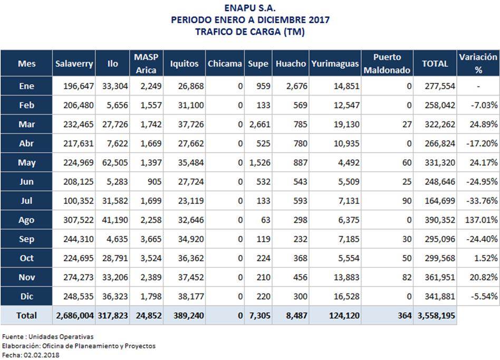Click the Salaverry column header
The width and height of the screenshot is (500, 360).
[x=74, y=64]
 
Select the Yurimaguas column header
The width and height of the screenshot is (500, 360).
[x=335, y=64]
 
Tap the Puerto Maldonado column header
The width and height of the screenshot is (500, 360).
[x=387, y=63]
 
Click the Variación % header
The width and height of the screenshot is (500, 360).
[x=478, y=63]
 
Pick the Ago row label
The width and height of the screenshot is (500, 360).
[x=26, y=220]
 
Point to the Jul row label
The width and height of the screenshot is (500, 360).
[x=26, y=201]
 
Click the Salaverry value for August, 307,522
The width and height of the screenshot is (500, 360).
[x=79, y=220]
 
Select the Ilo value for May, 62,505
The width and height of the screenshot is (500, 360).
[x=115, y=163]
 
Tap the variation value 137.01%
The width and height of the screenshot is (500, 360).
[x=481, y=220]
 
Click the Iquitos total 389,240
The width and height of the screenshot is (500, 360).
[x=188, y=316]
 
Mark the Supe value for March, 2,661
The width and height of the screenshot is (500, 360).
[x=260, y=124]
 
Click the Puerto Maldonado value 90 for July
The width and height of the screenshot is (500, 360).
[x=407, y=201]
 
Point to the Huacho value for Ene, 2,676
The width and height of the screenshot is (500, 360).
[x=297, y=86]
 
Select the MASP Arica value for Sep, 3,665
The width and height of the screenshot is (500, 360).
[x=151, y=239]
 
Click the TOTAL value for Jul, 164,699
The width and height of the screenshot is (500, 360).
[x=440, y=201]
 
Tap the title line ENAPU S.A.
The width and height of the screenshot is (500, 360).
[x=250, y=8]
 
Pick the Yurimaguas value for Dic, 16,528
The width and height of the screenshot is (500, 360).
[x=347, y=297]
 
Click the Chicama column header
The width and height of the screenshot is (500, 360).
[x=225, y=64]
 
